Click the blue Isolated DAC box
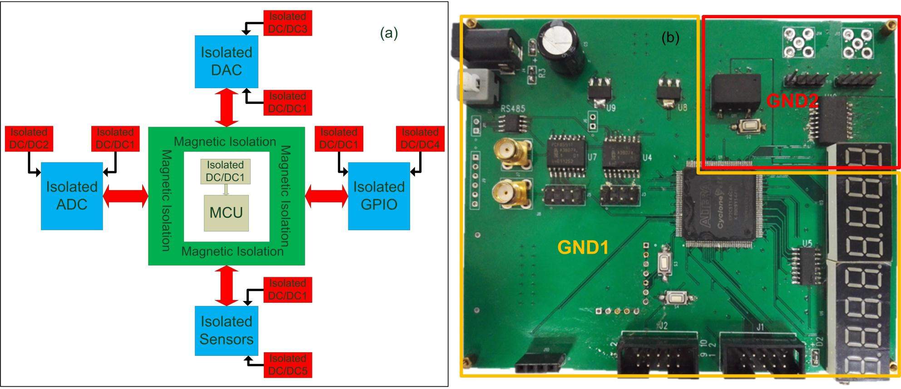(226, 61)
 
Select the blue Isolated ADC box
(72, 196)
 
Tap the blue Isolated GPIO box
(379, 196)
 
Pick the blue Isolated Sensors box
(226, 330)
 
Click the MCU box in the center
(226, 213)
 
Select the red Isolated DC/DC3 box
(287, 23)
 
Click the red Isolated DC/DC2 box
(29, 138)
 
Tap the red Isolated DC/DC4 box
(420, 138)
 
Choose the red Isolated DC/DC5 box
(287, 364)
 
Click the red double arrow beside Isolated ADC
(126, 196)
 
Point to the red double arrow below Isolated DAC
(226, 108)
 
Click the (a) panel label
(389, 33)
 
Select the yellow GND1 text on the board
(583, 247)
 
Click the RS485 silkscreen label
(513, 108)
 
